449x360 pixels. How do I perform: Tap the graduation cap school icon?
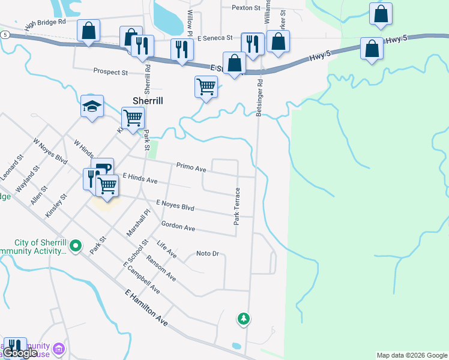pyautogui.click(x=92, y=107)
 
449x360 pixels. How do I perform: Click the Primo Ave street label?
pyautogui.click(x=191, y=166)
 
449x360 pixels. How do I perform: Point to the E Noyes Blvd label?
pyautogui.click(x=175, y=206)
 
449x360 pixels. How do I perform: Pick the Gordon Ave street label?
pyautogui.click(x=178, y=227)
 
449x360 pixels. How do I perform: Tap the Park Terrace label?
pyautogui.click(x=237, y=206)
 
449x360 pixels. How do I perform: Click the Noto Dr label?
pyautogui.click(x=208, y=254)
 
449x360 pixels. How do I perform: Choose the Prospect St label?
pyautogui.click(x=110, y=72)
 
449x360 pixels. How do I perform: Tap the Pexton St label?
pyautogui.click(x=246, y=8)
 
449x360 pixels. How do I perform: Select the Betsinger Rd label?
pyautogui.click(x=260, y=97)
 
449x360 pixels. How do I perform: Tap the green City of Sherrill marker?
pyautogui.click(x=76, y=245)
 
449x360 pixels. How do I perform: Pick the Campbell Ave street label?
pyautogui.click(x=143, y=279)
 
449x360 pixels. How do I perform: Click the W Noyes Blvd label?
pyautogui.click(x=50, y=153)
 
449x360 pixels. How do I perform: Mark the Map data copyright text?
pyautogui.click(x=412, y=355)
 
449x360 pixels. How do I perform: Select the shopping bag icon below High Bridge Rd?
pyautogui.click(x=88, y=31)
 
